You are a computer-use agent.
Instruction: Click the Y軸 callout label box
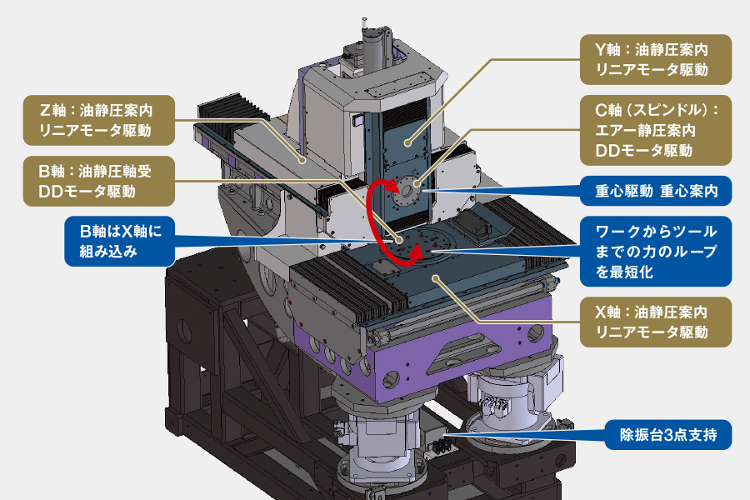click(656, 59)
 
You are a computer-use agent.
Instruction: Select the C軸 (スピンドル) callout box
click(656, 130)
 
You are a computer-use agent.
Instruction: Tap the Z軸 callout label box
click(99, 119)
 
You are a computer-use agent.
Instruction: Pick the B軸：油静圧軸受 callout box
click(99, 182)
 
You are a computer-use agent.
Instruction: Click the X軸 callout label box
click(656, 322)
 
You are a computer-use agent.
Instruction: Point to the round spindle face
click(406, 191)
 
